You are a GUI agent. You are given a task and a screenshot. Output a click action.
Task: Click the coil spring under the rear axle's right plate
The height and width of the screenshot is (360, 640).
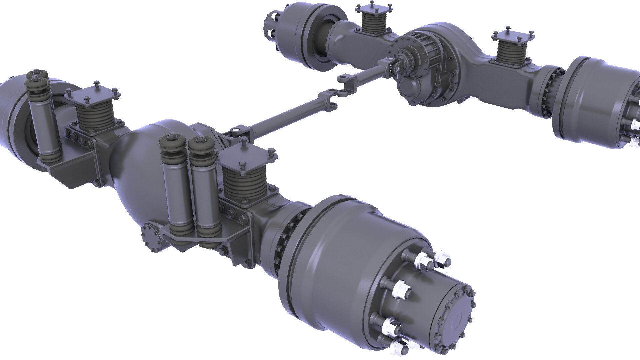click(510, 53)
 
